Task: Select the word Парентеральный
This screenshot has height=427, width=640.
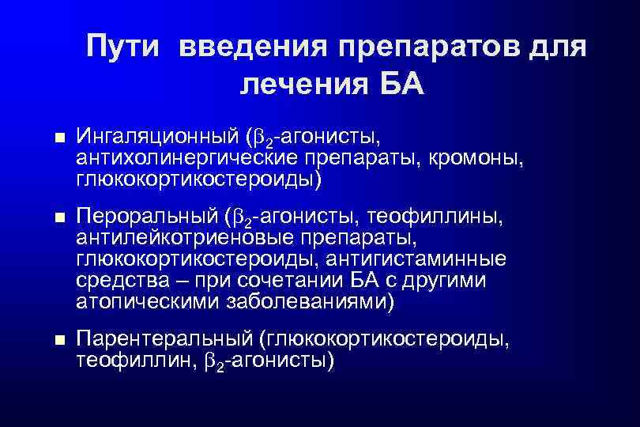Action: (164, 339)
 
